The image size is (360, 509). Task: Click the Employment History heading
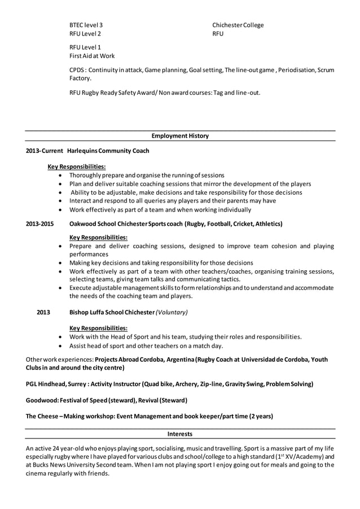tap(180, 135)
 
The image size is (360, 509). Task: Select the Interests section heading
tap(180, 434)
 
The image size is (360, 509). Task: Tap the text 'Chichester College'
tap(238, 25)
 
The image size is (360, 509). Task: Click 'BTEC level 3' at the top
tap(86, 25)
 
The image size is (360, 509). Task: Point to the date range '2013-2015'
tap(40, 224)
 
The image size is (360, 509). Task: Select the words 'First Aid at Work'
tap(92, 56)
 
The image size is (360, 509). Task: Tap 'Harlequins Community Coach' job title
tap(108, 151)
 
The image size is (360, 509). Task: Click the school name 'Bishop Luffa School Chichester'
tap(112, 312)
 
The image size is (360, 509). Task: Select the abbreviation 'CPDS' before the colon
tap(77, 70)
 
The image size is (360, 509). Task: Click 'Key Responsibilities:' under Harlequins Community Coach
tap(77, 166)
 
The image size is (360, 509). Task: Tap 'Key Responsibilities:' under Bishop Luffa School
tap(98, 328)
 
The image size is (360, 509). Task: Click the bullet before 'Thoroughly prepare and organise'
tap(61, 175)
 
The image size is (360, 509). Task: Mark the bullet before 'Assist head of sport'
tap(61, 346)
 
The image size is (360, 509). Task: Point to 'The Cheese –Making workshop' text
tap(69, 416)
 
